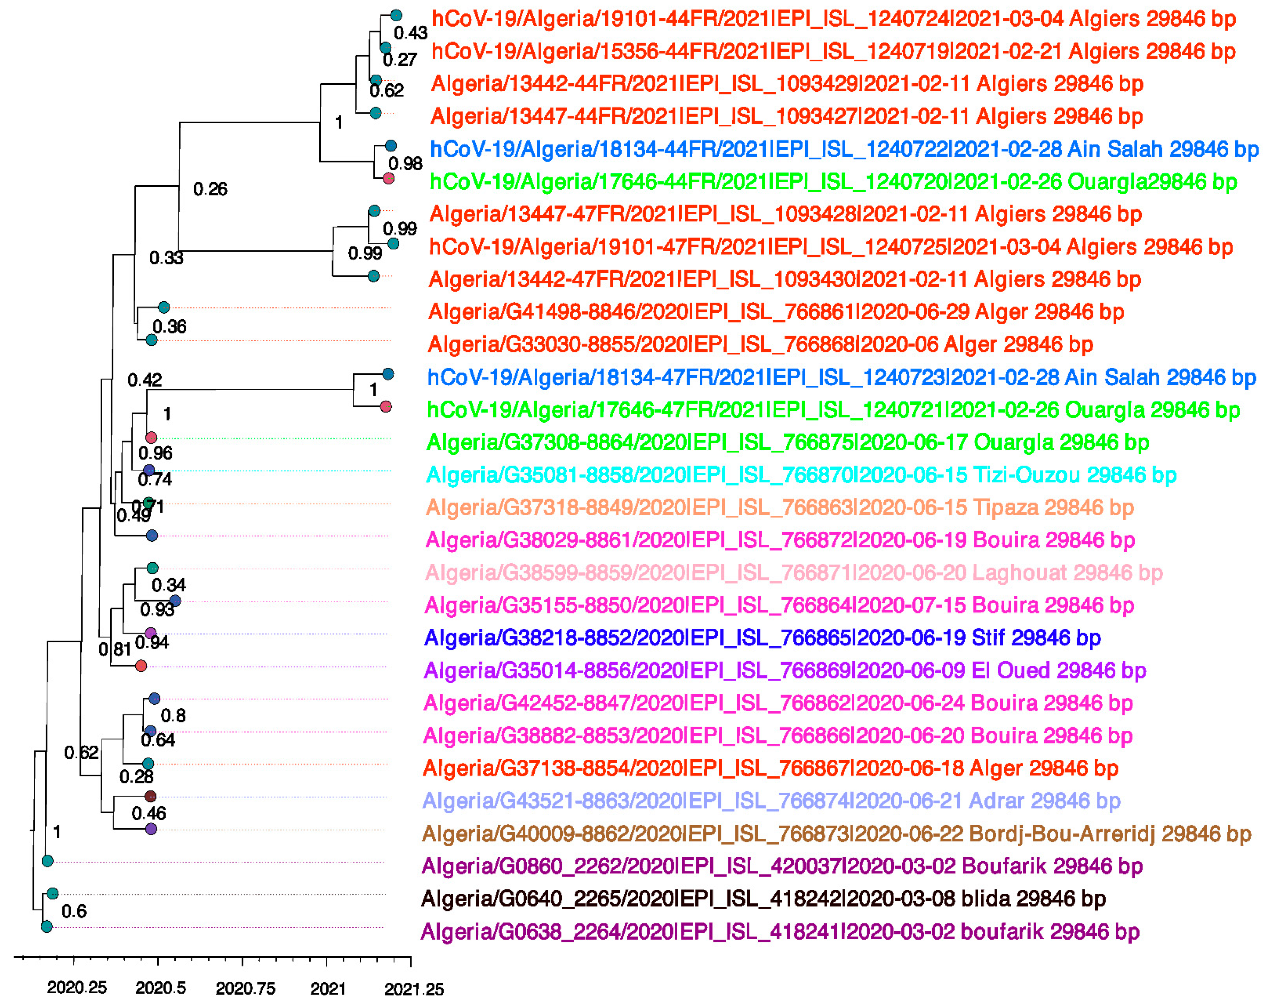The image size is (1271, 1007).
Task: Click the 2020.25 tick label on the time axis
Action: [77, 988]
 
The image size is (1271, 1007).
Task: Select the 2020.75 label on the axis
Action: [245, 988]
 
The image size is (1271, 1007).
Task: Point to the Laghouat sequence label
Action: [793, 572]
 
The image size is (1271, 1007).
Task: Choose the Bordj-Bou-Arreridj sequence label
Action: [836, 834]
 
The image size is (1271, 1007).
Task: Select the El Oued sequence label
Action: [784, 670]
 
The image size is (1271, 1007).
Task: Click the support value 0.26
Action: [210, 189]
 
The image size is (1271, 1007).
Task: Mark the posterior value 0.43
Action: [410, 33]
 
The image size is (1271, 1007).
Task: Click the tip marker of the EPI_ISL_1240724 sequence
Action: [396, 15]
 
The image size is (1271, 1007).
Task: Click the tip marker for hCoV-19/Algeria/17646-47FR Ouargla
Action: [386, 406]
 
